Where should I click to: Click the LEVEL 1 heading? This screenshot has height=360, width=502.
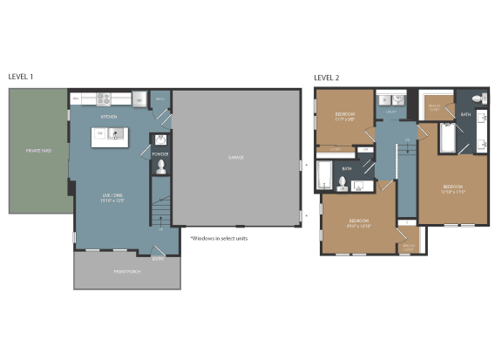[x=21, y=77]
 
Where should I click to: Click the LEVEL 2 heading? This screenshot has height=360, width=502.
[x=327, y=78]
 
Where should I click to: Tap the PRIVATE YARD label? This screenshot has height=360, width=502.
[x=38, y=151]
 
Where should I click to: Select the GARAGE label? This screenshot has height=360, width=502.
[x=235, y=158]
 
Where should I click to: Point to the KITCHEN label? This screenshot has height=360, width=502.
[x=109, y=116]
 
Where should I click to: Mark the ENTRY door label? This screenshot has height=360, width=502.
[x=158, y=258]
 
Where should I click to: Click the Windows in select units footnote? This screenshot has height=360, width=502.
[x=219, y=238]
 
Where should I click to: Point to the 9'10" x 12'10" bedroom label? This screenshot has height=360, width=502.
[x=359, y=223]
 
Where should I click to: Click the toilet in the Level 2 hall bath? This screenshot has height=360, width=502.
[x=343, y=183]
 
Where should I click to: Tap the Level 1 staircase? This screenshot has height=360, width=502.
[x=159, y=214]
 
